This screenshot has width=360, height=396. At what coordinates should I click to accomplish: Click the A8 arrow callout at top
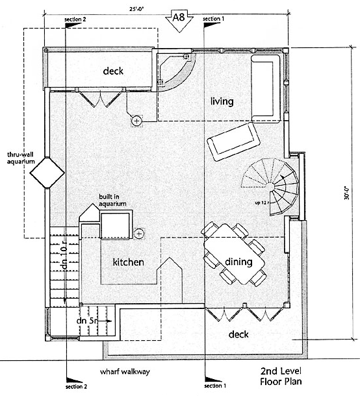179,21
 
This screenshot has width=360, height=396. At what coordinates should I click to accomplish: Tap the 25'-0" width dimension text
136,10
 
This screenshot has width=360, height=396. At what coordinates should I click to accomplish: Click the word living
222,101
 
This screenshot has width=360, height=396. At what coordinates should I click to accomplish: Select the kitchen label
129,262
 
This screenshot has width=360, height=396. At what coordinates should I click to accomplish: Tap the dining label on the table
238,262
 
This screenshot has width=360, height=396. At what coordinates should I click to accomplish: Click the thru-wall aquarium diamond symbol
47,173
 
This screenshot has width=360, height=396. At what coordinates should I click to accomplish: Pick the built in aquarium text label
112,200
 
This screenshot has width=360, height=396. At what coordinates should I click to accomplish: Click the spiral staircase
270,186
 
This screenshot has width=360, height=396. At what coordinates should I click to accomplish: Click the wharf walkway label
125,372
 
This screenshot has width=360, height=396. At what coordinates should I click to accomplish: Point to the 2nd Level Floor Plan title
281,376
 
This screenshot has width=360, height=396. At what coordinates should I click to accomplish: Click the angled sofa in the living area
233,142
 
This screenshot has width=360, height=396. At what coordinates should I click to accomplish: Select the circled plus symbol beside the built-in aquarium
139,234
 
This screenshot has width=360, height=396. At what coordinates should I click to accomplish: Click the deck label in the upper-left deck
113,71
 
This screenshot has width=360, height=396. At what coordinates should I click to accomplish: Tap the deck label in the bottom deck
238,334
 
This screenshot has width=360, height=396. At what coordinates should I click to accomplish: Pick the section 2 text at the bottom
76,387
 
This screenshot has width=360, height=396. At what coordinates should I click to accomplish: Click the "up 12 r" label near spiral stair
262,203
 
